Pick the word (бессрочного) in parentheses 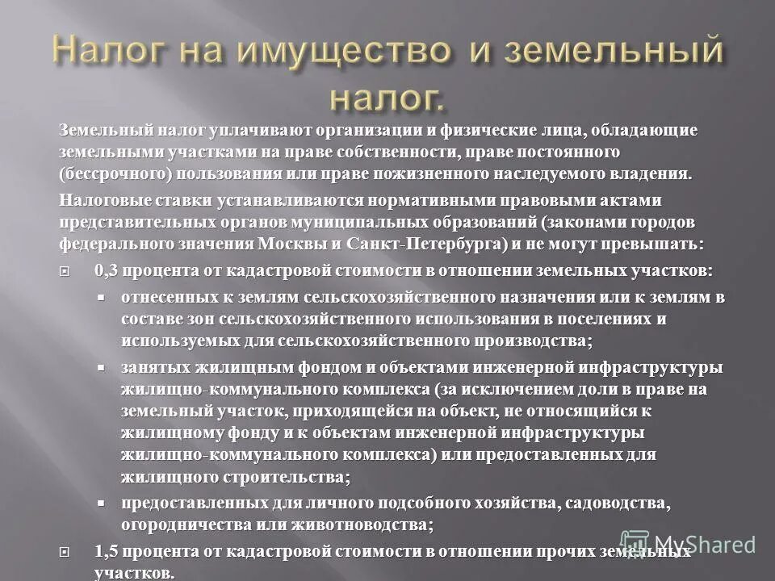coord(104,172)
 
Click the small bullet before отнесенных coord(102,297)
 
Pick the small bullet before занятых coord(102,367)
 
